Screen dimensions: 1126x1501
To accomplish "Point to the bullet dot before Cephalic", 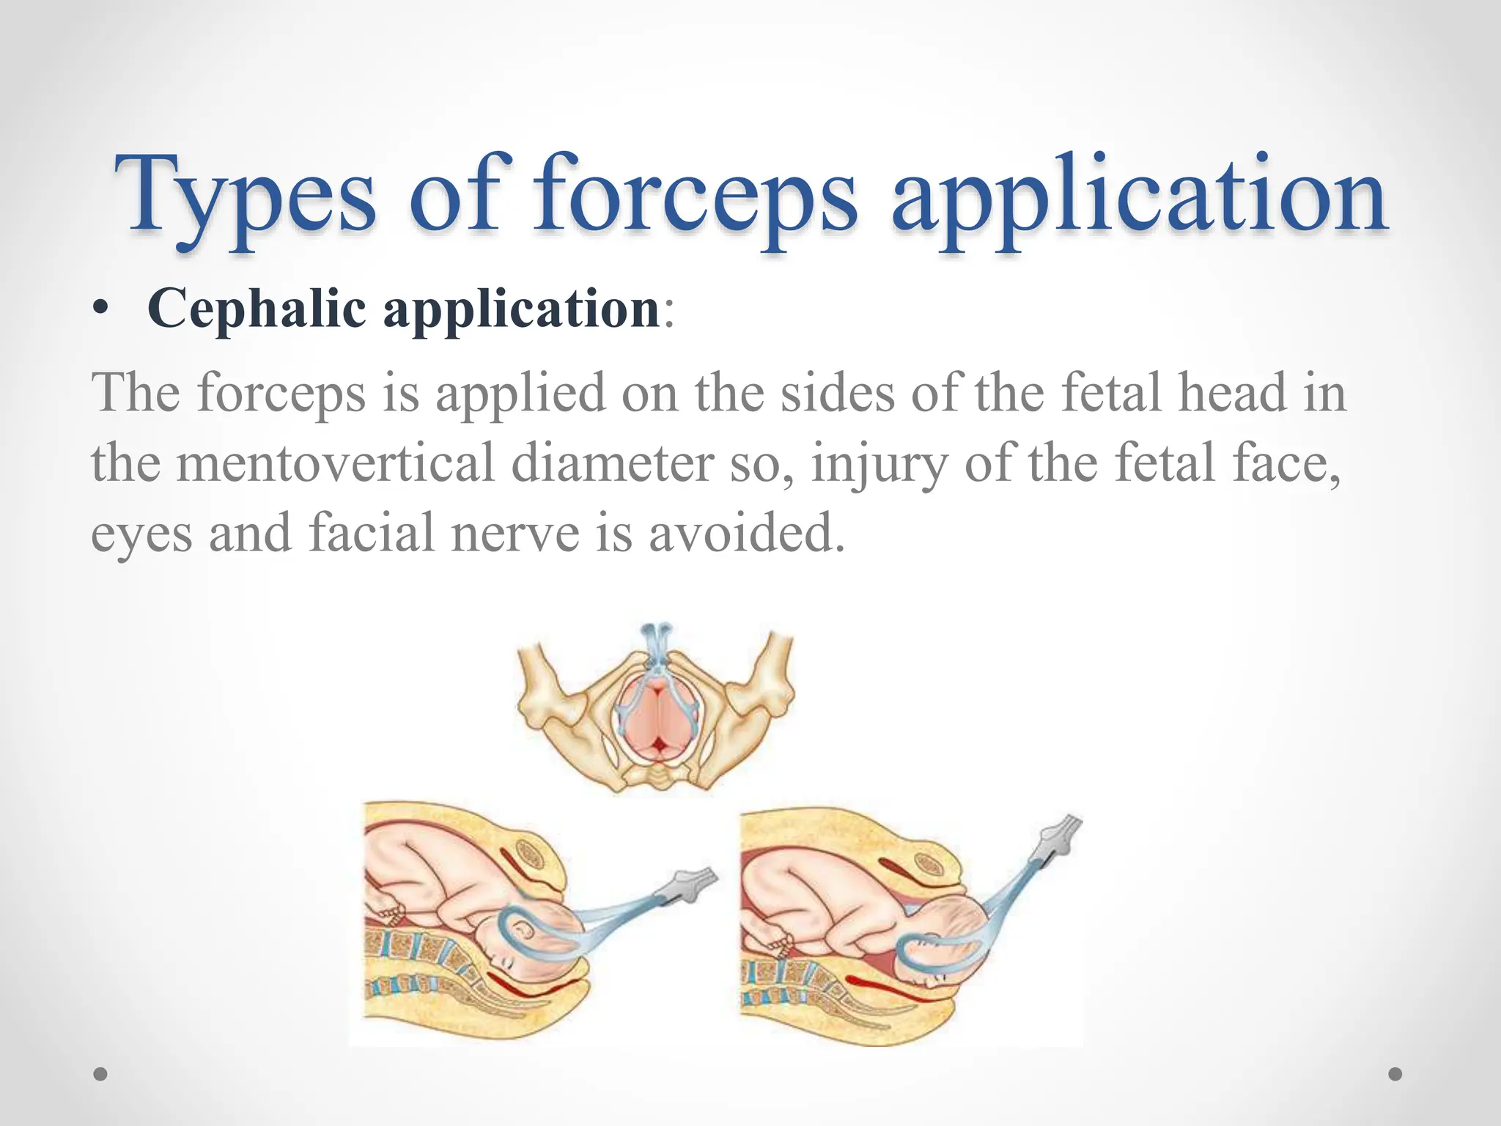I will coord(102,311).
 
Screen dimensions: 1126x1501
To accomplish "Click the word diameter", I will coord(612,463).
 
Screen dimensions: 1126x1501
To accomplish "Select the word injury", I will coord(879,465).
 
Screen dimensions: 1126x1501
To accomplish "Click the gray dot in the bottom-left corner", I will coord(101,1074).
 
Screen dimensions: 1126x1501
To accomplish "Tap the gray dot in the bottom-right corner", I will coord(1395,1074).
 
